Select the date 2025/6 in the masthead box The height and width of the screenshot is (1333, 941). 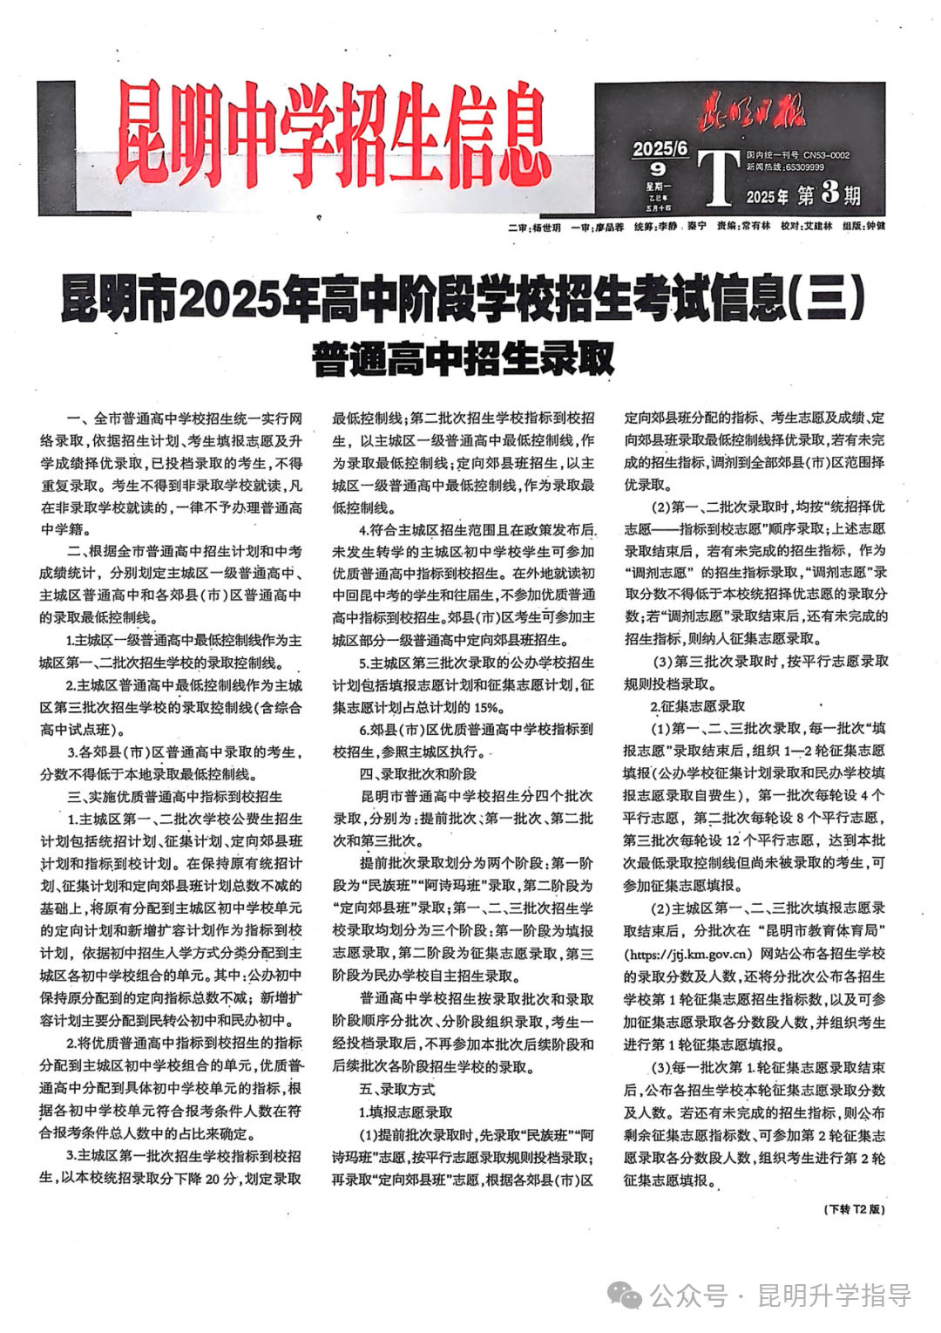click(x=660, y=150)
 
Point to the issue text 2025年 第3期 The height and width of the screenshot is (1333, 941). click(x=802, y=194)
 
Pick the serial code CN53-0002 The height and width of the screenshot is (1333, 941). click(x=826, y=155)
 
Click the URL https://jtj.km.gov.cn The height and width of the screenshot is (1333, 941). click(x=688, y=954)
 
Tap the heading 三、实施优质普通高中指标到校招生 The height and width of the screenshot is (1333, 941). click(x=174, y=796)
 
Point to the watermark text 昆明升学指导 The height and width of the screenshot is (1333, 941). click(x=834, y=1296)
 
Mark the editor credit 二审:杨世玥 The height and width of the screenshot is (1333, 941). click(x=534, y=228)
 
